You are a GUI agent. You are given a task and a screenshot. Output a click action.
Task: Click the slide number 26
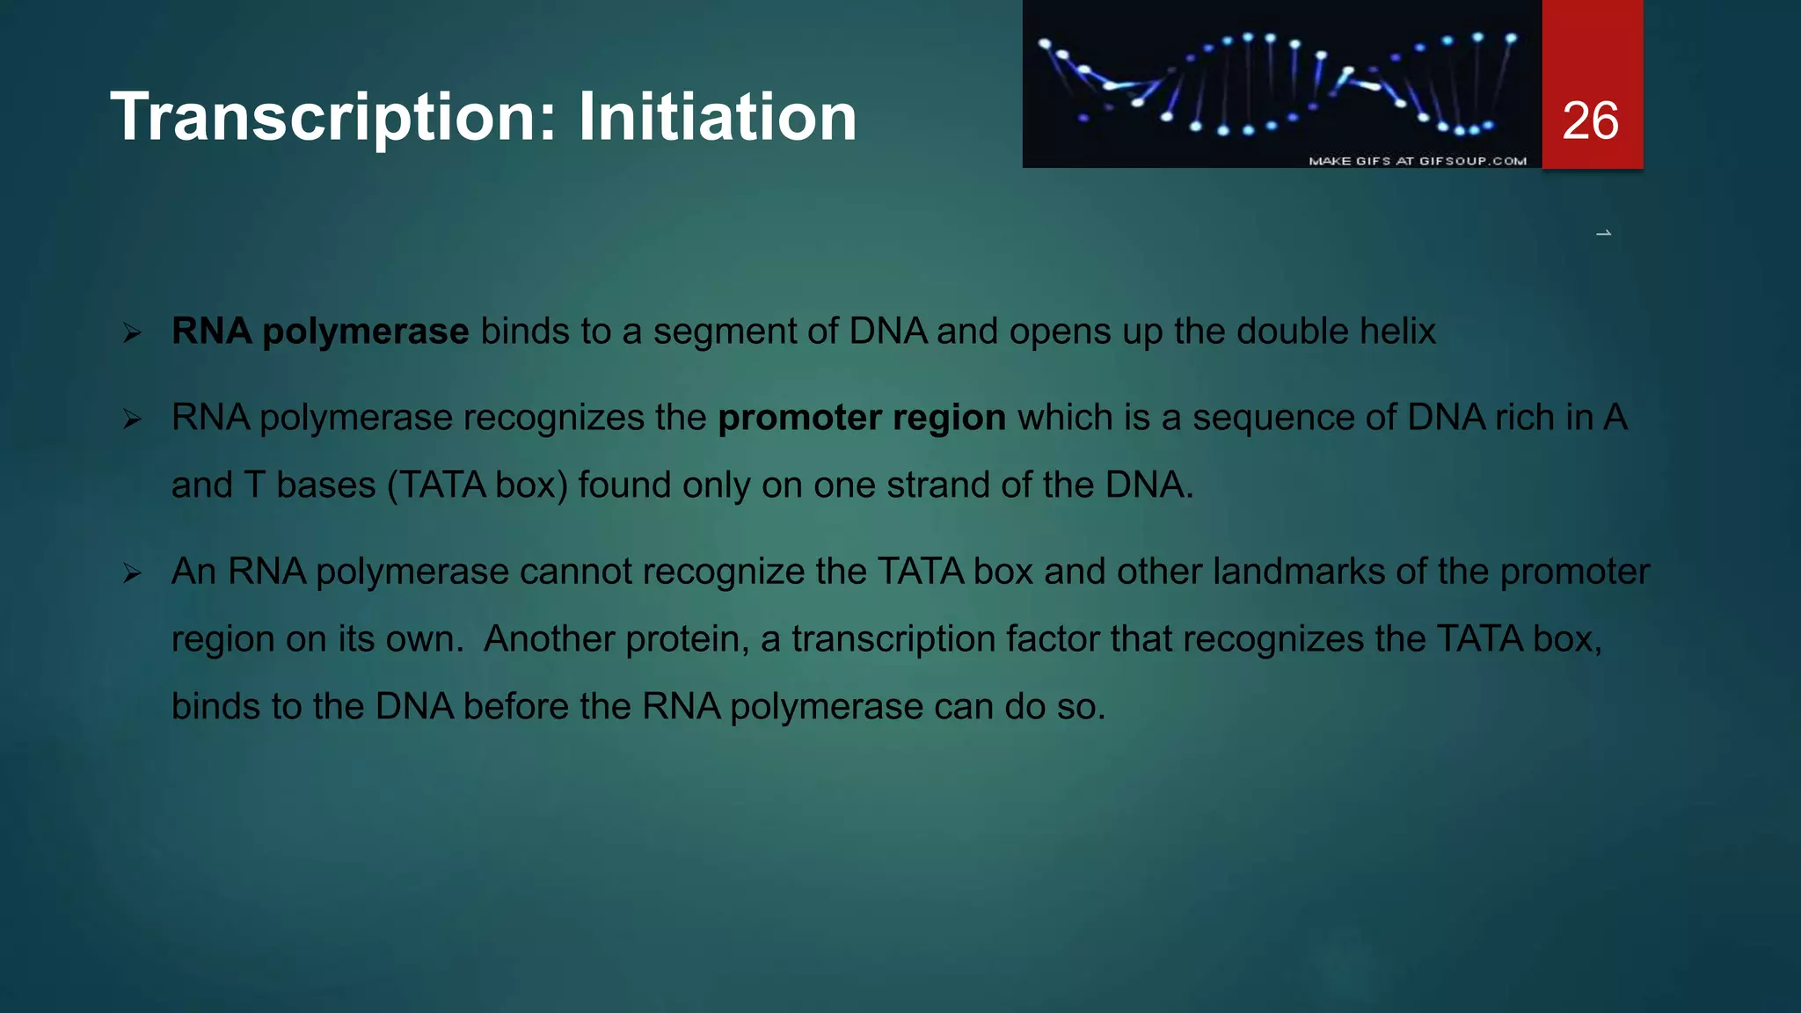(1590, 120)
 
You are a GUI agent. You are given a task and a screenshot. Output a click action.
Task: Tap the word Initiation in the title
(717, 117)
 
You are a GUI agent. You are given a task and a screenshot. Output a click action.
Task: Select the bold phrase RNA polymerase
(320, 332)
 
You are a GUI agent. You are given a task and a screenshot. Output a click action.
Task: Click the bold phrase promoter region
(862, 418)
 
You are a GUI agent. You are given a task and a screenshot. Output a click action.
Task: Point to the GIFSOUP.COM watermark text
(1417, 161)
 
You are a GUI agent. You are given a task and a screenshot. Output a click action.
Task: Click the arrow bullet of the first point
(133, 333)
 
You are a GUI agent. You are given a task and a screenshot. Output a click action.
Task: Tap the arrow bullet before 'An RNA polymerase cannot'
(133, 574)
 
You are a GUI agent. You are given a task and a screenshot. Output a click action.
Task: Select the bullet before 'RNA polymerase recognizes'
(133, 419)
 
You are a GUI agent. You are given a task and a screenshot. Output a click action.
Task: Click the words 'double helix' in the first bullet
(1336, 332)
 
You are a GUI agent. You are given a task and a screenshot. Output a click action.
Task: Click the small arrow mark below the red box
(1603, 233)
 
